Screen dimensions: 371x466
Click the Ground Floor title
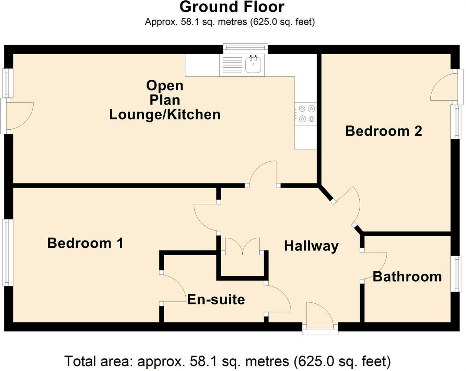232,7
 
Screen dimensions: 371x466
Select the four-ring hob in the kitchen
306,114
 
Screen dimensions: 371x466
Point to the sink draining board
232,65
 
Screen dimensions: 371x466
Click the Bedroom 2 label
383,131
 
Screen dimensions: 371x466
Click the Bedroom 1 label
85,243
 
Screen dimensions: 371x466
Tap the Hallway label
311,246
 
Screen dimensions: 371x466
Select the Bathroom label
407,277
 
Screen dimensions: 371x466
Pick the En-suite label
216,300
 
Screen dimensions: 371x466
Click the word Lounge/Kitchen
165,115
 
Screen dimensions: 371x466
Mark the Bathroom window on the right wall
456,274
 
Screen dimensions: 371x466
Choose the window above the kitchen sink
245,48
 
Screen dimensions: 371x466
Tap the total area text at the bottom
228,361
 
